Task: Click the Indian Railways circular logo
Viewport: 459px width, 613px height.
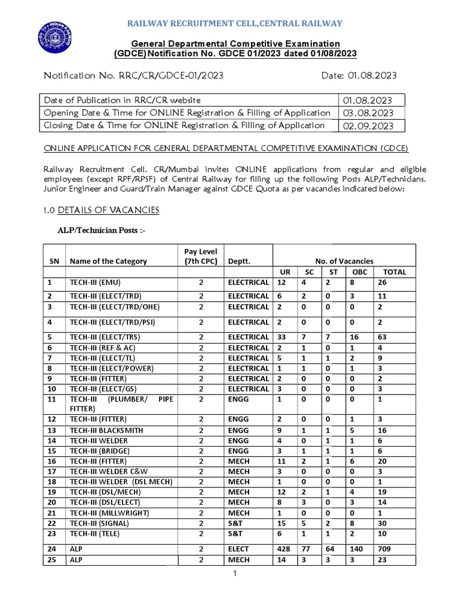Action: point(54,37)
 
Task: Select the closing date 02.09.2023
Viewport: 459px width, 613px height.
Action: point(367,126)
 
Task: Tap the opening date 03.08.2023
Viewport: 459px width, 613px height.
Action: point(367,113)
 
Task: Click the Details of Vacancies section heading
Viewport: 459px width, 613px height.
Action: point(108,210)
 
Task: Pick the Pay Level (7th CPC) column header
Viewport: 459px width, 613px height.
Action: point(201,256)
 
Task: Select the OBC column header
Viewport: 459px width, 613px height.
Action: point(359,272)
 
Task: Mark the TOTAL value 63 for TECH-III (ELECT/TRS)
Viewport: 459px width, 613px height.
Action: point(382,337)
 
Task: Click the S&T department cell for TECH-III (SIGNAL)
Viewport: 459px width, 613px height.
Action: point(237,523)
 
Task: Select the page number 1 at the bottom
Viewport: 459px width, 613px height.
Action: point(235,575)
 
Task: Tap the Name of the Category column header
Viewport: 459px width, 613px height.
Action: point(108,261)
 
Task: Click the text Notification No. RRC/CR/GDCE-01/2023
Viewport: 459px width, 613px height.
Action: point(134,76)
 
